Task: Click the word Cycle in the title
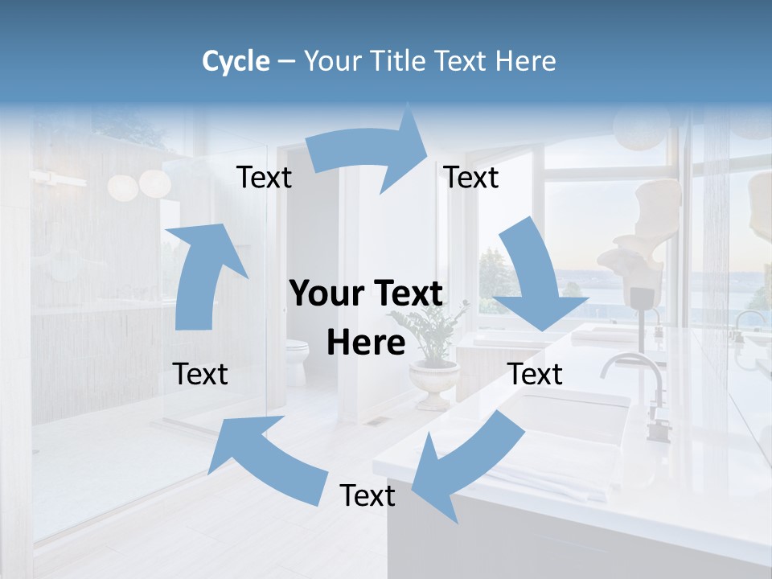236,61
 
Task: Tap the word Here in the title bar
526,61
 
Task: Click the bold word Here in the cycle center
366,343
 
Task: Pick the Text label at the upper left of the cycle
264,177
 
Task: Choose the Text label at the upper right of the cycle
471,177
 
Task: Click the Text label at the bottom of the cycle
367,495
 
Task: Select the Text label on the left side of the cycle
200,374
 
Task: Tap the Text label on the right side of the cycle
536,374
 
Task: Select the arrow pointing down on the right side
535,277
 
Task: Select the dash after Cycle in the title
286,61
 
